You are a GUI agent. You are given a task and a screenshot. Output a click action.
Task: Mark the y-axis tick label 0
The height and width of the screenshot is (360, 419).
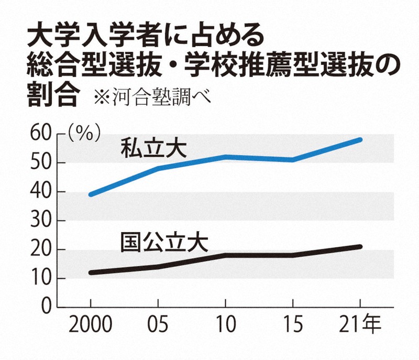point(46,307)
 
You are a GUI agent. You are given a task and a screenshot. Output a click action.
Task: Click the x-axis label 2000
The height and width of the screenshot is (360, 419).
point(91,326)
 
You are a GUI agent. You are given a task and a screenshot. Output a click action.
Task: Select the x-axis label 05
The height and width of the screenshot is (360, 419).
point(158,326)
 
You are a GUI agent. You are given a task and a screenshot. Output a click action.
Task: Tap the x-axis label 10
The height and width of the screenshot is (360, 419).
point(225,326)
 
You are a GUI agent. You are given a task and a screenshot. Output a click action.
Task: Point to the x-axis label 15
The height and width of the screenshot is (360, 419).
point(292,326)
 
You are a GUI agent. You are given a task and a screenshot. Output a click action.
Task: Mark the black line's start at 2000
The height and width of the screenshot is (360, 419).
point(91,272)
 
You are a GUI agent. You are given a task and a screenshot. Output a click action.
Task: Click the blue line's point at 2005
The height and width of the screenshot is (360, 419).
point(158,169)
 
